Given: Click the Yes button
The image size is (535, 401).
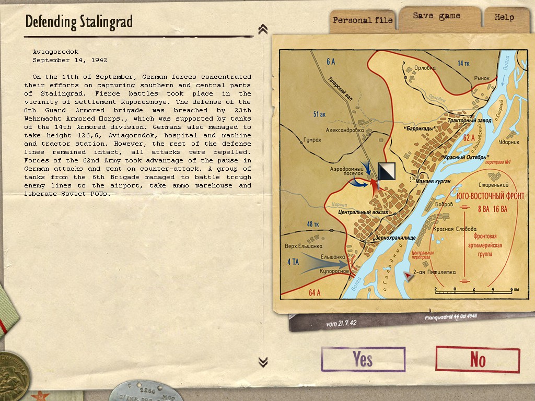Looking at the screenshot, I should coord(363,359).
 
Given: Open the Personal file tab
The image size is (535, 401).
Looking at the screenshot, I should coord(363,20).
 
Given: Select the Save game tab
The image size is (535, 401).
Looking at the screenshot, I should coord(436,16).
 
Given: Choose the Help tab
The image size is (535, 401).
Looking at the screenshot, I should coord(504,17).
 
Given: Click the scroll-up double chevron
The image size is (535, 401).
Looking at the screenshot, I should coord(263,29).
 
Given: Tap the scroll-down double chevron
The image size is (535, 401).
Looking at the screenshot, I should coord(263,361).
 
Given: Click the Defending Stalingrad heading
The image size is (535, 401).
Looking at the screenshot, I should coord(79,22).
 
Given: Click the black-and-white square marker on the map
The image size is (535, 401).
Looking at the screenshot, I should coord(386,172).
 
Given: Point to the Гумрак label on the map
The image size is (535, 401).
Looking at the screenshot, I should coord(313,141).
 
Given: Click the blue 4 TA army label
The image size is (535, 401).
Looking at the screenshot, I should coord(293,262).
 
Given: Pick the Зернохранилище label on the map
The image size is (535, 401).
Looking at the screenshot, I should coord(395,238).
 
